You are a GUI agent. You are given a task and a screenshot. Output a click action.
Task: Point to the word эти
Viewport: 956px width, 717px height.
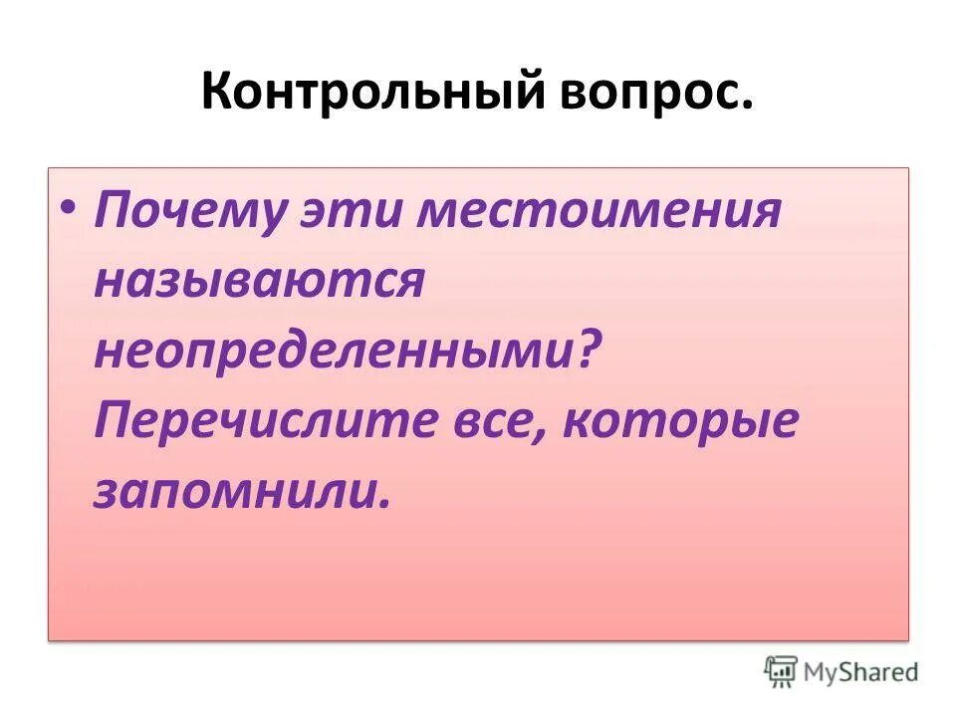click(x=333, y=213)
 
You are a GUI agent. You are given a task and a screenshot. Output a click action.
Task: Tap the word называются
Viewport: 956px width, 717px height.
click(x=259, y=283)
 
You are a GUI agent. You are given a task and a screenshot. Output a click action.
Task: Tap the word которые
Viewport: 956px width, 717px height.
click(x=681, y=422)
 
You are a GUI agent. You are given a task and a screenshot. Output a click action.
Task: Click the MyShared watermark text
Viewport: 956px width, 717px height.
click(x=862, y=671)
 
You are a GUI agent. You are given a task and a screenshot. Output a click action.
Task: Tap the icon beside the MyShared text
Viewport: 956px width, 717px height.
click(x=783, y=671)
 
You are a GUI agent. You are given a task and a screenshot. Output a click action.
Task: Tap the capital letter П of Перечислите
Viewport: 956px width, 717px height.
click(x=113, y=422)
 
